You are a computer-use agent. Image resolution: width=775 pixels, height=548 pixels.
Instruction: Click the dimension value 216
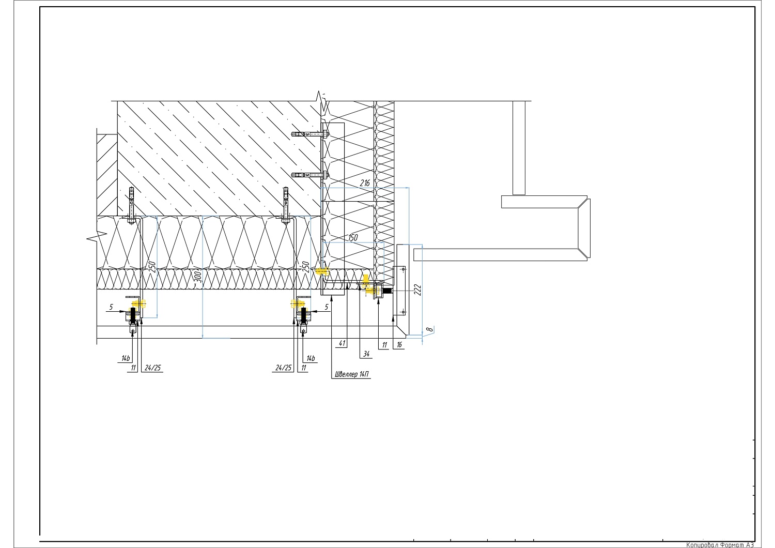tap(365, 183)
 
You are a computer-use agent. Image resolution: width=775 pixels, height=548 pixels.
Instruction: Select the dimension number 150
tap(352, 237)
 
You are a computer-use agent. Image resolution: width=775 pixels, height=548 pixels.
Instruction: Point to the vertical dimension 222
tap(418, 290)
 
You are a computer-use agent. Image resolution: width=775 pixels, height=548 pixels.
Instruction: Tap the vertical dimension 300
tap(198, 277)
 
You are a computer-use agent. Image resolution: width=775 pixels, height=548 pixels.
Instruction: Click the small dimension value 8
tap(429, 329)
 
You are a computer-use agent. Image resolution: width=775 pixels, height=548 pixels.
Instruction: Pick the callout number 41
tap(342, 343)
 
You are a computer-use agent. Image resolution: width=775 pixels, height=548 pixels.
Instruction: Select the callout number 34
tap(366, 354)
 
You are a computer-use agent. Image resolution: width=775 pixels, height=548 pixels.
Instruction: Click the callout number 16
tap(399, 345)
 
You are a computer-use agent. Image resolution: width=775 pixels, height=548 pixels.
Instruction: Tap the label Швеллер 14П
tap(352, 374)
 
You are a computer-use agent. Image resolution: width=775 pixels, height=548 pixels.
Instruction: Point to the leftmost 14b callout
tap(126, 358)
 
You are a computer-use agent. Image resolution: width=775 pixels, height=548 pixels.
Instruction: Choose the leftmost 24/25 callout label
tap(152, 368)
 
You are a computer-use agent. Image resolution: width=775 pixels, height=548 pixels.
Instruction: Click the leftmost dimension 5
tap(111, 307)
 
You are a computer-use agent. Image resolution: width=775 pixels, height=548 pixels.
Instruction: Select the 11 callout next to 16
tap(384, 345)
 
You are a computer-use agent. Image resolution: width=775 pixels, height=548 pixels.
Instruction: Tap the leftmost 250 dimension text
tap(152, 267)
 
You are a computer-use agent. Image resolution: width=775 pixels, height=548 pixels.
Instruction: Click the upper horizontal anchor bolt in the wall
tap(310, 134)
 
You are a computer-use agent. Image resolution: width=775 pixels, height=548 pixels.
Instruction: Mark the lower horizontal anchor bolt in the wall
tap(310, 175)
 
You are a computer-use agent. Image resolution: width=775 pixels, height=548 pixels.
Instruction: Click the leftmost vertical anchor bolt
tap(131, 206)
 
